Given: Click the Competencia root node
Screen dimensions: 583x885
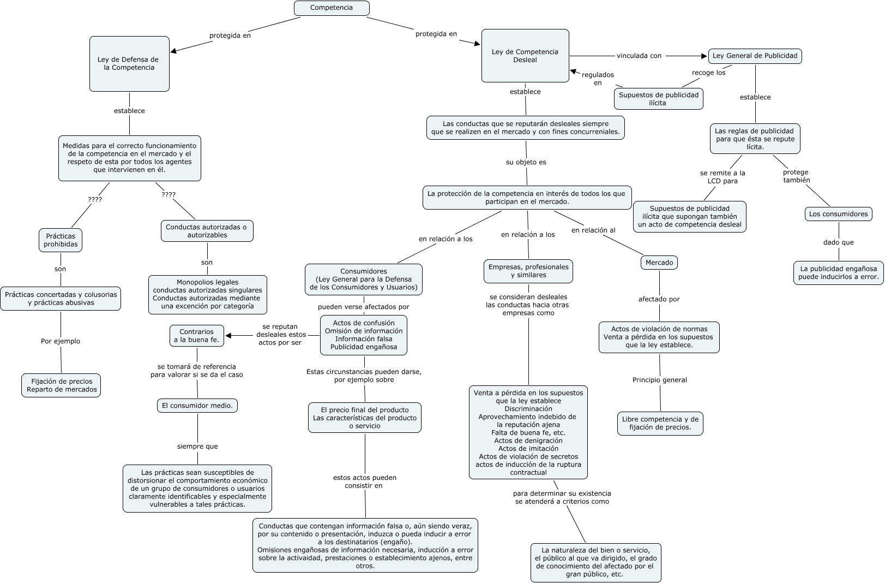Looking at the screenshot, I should coord(332,8).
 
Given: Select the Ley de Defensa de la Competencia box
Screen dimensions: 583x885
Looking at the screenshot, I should coord(129,64).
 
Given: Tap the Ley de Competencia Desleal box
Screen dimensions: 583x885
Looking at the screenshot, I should coord(525,56).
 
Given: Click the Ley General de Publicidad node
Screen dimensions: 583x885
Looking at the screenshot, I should coord(755,56).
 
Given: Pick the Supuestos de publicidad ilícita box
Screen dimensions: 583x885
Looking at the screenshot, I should coord(658,99).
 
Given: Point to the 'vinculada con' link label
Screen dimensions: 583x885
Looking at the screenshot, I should coord(639,56).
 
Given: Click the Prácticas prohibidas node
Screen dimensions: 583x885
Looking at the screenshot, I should coord(61,240).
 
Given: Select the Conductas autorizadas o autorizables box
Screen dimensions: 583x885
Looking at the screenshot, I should coord(207,231).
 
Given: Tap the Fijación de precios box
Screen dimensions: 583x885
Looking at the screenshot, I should coord(62,385).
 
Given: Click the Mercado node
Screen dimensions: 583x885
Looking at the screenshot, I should coord(659,263).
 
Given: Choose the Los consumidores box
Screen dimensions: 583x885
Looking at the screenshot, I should coord(838,214).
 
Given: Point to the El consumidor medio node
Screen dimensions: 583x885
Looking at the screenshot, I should coord(197,406).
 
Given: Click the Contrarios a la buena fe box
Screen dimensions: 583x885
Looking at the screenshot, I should coord(196,336).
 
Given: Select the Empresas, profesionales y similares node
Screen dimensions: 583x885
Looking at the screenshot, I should coord(528,271).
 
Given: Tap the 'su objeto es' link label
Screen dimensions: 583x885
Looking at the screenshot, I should coord(526,162).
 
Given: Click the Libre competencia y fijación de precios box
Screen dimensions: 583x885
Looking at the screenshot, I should coord(660,424).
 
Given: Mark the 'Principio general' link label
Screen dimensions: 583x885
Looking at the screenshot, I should coord(659,380).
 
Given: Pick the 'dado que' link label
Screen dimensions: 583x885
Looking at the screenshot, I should coord(838,242).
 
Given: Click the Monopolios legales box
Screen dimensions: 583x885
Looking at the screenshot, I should coord(207,294).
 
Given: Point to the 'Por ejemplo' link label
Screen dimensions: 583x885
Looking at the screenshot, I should coord(61,341).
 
